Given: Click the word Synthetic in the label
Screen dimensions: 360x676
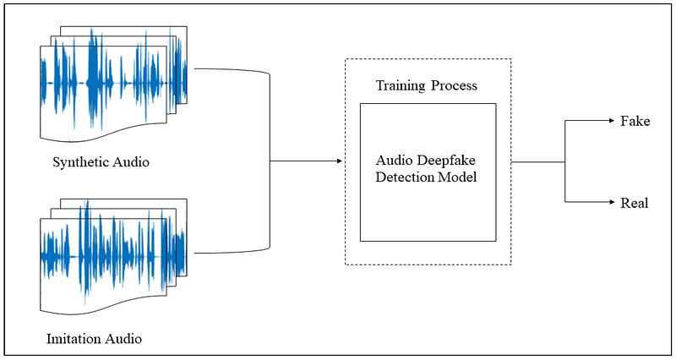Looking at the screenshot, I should click(80, 162).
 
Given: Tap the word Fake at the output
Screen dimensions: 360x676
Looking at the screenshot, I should click(635, 121).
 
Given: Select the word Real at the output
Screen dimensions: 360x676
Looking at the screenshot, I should click(634, 203).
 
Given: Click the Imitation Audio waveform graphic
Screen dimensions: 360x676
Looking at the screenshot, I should click(110, 254).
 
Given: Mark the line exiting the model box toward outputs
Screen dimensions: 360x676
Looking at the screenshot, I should click(537, 161).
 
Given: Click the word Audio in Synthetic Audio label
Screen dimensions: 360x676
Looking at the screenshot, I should click(130, 162).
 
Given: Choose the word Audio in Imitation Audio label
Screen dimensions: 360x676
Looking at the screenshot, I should click(123, 340).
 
